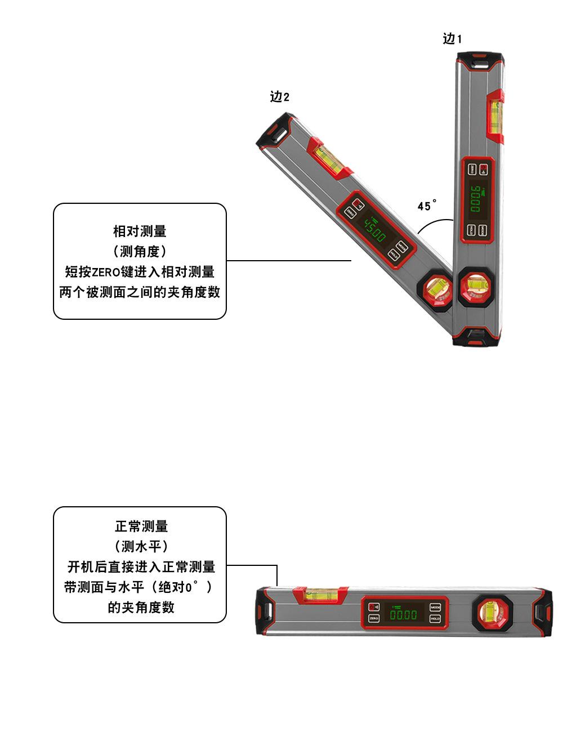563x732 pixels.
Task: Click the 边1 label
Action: coord(452,38)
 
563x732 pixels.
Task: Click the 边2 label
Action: coord(279,97)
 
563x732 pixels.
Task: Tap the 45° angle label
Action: coord(427,206)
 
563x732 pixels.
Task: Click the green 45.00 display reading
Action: coord(374,230)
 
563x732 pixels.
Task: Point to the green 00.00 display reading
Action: coord(404,614)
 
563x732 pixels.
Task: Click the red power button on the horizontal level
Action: coord(374,606)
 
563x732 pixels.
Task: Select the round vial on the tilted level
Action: coord(436,291)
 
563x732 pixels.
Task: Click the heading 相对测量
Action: coord(140,231)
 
